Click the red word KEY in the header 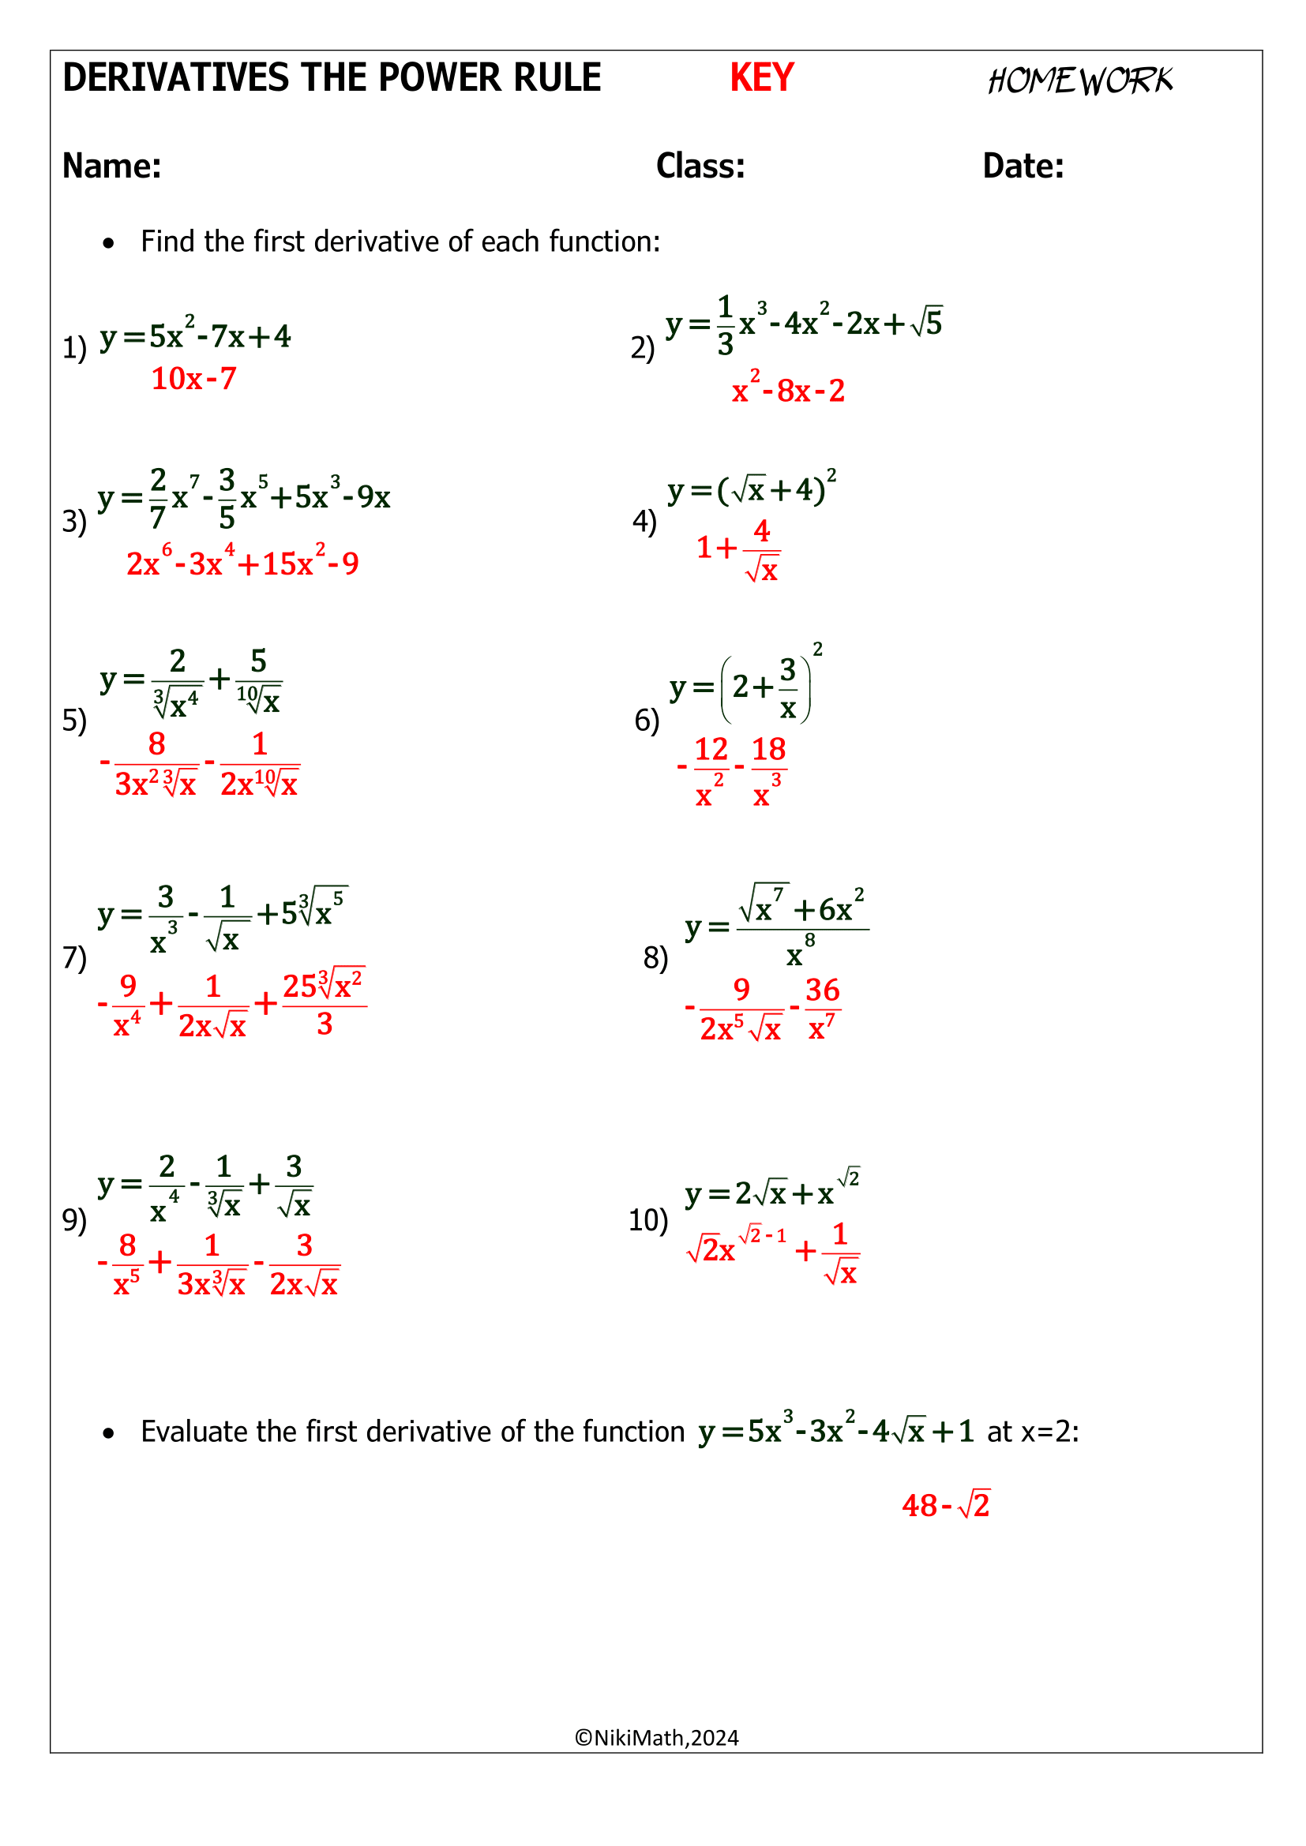pos(760,78)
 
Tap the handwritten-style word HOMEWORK pos(1080,81)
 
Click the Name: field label pos(112,166)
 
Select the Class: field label pos(700,166)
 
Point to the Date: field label pos(1023,166)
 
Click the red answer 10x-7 pos(193,379)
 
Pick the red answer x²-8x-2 pos(788,390)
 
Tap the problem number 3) pos(74,521)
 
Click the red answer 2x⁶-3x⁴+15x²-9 pos(242,562)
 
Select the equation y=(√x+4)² pos(751,488)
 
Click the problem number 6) pos(647,720)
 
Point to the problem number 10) pos(647,1219)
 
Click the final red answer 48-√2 pos(946,1504)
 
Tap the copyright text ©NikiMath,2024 pos(656,1737)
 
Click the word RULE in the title pos(556,78)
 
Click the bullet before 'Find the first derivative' pos(108,243)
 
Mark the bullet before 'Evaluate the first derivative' pos(108,1432)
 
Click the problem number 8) pos(655,957)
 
